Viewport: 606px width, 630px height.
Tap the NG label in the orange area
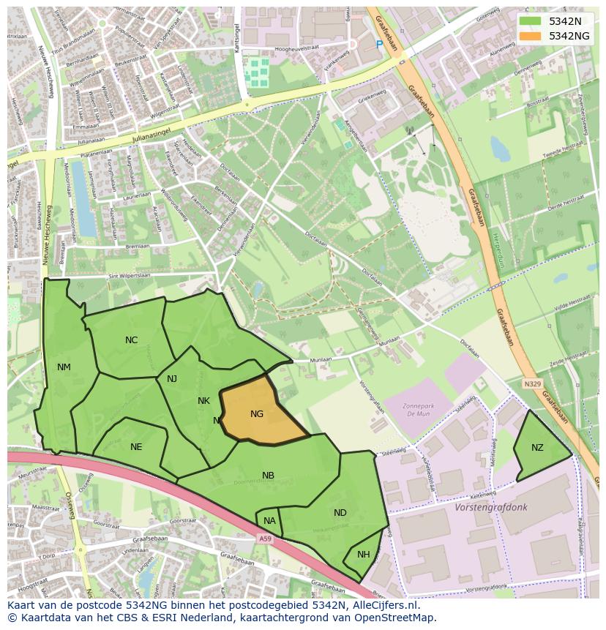pos(257,414)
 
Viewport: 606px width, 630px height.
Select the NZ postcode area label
pos(537,448)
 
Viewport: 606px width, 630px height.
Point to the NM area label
pos(64,367)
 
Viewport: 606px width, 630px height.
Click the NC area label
pos(131,340)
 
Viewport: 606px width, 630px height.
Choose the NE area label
pos(136,447)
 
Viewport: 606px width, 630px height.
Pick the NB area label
pos(269,476)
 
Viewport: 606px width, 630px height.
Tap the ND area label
pos(340,513)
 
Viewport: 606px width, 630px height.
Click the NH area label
pos(364,555)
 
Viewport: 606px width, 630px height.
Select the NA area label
pos(269,521)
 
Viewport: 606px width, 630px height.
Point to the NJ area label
pos(172,379)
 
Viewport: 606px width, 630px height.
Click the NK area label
pos(203,401)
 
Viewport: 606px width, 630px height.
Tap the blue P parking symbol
pos(379,45)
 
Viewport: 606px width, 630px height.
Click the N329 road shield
pos(532,383)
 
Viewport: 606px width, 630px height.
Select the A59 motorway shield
pos(264,539)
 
